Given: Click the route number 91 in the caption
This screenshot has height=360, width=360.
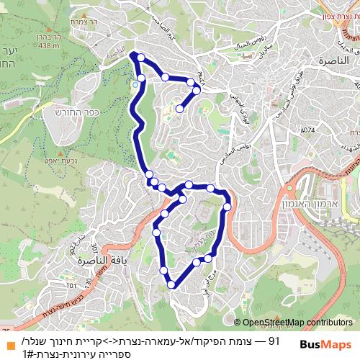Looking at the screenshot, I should click(274, 339).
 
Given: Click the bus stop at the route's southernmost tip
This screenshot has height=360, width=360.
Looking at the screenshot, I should click(171, 285).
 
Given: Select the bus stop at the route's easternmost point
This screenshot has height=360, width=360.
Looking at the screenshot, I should click(227, 207).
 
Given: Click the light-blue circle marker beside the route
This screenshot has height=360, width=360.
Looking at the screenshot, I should click(135, 85).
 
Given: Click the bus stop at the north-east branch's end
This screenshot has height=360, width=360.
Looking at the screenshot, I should click(179, 109).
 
